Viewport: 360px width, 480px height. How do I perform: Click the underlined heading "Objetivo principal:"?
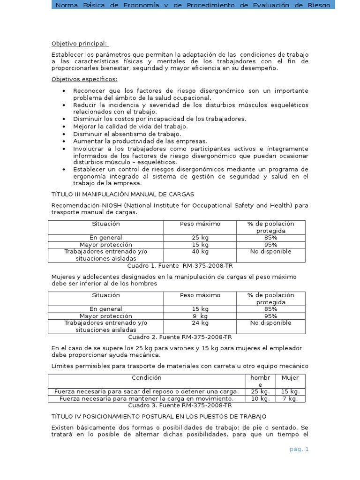80,44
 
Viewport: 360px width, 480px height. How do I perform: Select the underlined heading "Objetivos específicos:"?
84,79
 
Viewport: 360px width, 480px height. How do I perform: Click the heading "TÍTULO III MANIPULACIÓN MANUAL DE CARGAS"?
122,194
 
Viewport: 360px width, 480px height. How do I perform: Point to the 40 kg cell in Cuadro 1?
200,252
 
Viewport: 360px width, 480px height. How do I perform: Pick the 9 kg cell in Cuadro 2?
200,316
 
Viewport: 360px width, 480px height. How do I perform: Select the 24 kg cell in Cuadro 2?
200,323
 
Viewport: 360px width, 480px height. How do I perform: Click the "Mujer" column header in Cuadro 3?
290,377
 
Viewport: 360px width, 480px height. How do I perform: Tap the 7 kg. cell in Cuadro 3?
290,398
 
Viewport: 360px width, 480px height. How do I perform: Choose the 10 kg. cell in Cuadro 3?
260,398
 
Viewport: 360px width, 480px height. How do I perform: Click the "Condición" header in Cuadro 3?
146,377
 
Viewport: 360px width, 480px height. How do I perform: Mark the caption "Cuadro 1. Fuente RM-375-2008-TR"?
180,265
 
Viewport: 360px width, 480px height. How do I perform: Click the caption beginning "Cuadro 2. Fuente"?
180,337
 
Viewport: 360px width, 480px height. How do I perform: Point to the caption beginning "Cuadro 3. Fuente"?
180,405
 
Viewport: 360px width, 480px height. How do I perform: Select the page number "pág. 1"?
299,449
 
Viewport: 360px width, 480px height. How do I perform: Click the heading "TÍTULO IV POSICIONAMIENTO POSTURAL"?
158,416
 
